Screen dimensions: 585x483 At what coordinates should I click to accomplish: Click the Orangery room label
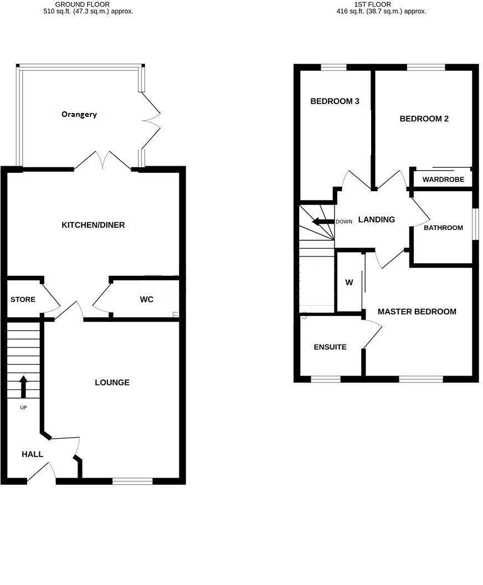79,114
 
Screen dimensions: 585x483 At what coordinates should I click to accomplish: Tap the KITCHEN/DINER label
93,225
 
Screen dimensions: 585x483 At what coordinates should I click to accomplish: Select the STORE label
23,300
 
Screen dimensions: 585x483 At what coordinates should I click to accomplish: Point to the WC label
146,300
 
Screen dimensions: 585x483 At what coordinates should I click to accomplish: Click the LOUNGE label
112,382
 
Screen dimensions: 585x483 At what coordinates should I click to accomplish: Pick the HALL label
32,454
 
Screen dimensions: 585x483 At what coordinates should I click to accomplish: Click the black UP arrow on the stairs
23,387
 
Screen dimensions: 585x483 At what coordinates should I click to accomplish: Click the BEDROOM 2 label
424,119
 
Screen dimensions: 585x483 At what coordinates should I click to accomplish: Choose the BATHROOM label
443,228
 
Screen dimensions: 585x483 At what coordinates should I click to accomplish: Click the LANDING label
377,219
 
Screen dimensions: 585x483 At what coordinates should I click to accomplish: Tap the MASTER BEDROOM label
417,312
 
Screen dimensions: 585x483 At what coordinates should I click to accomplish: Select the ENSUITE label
330,347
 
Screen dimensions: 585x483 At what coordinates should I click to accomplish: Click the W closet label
349,283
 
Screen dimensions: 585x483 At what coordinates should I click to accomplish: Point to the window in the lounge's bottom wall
132,481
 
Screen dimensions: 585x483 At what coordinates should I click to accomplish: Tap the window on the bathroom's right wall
475,224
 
